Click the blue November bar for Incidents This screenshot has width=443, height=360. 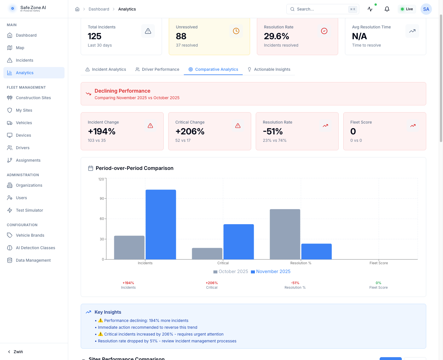(x=161, y=224)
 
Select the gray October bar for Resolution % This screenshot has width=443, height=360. (x=285, y=234)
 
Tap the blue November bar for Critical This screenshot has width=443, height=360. (x=239, y=242)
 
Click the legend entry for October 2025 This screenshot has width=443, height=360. (x=231, y=272)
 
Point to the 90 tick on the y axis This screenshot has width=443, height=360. (x=102, y=199)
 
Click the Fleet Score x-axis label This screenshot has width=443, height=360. (x=378, y=263)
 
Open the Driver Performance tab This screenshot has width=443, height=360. (x=157, y=69)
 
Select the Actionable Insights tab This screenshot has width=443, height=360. (x=269, y=69)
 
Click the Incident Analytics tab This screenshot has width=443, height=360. (x=106, y=69)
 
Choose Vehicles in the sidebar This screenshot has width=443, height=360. (x=24, y=123)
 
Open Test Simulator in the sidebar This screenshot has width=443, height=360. (x=29, y=210)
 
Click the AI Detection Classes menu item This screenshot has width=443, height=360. (x=35, y=248)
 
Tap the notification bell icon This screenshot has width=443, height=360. (x=387, y=9)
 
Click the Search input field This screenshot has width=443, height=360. (x=321, y=9)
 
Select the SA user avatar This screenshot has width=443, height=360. (x=426, y=9)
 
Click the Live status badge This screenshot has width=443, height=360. (x=407, y=9)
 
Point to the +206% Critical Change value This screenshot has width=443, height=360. (x=190, y=131)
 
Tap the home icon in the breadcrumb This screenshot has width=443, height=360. (x=77, y=9)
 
